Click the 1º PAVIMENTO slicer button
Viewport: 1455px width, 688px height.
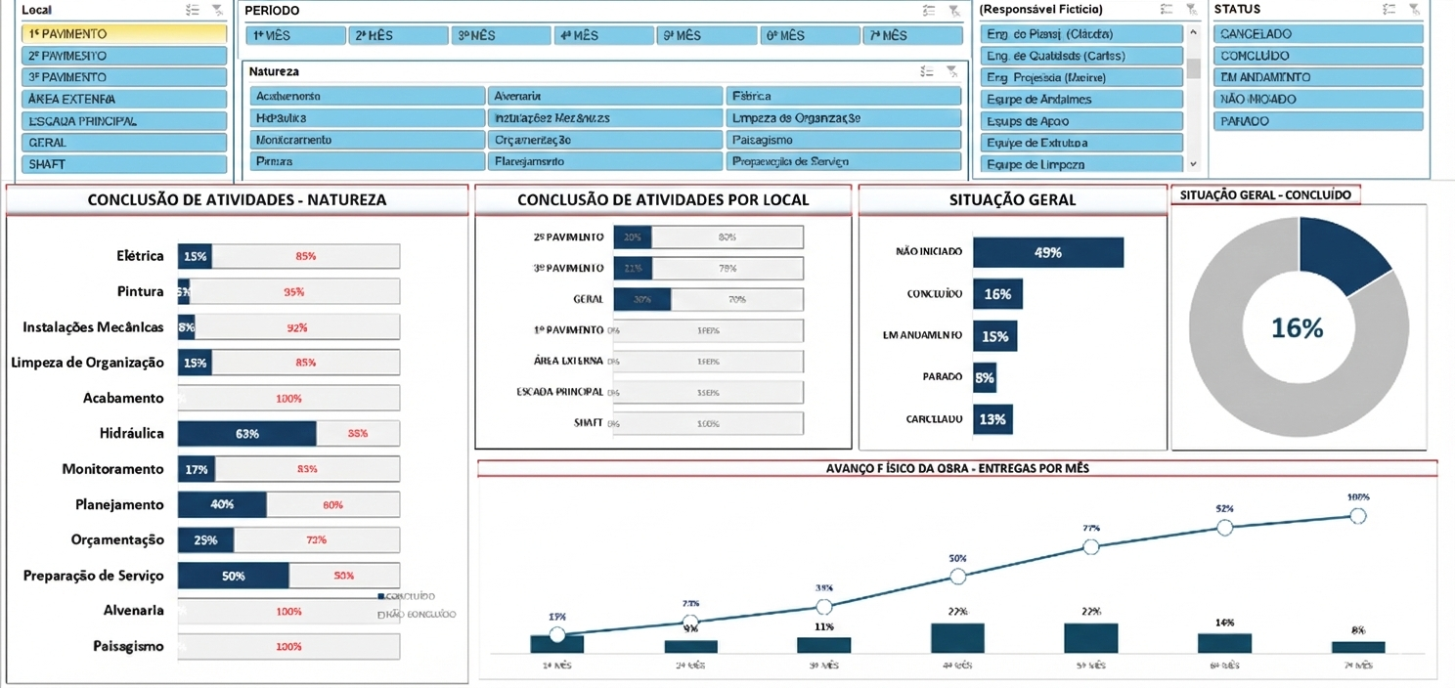pyautogui.click(x=123, y=34)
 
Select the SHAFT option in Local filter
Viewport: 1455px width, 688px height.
pyautogui.click(x=123, y=164)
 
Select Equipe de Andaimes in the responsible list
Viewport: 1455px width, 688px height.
pyautogui.click(x=1081, y=99)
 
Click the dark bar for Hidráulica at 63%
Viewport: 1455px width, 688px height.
pyautogui.click(x=246, y=434)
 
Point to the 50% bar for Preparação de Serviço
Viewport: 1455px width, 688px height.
pyautogui.click(x=233, y=576)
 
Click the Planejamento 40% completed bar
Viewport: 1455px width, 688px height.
pyautogui.click(x=222, y=505)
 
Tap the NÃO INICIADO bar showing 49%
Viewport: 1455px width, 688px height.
pyautogui.click(x=1048, y=252)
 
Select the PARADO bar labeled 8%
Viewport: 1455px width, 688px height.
pyautogui.click(x=984, y=377)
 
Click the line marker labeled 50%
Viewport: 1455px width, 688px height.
pyautogui.click(x=957, y=577)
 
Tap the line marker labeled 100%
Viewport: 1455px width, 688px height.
pyautogui.click(x=1358, y=516)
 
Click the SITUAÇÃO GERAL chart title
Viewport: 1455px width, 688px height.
pyautogui.click(x=1012, y=199)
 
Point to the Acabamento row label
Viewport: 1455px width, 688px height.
pyautogui.click(x=123, y=398)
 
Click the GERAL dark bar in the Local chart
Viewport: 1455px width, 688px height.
pyautogui.click(x=642, y=299)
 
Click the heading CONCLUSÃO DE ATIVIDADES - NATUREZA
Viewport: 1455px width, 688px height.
pyautogui.click(x=237, y=199)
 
